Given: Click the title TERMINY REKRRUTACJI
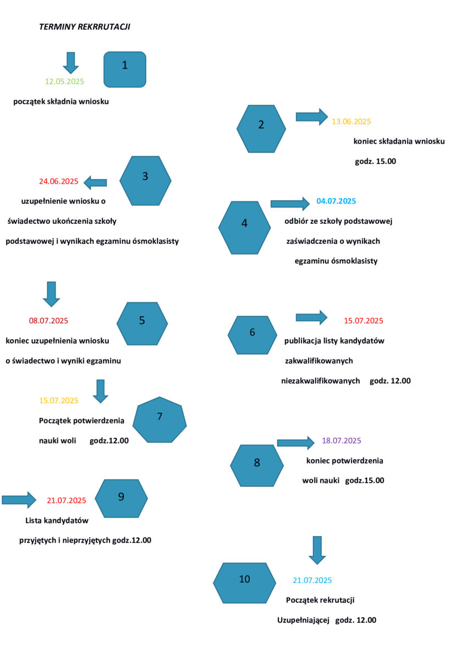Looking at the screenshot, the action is (85, 27).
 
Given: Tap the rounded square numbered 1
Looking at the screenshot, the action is (125, 69).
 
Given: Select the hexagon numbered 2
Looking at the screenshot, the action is (261, 129).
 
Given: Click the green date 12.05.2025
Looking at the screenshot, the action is (64, 81).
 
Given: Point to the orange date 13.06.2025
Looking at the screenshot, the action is (351, 122).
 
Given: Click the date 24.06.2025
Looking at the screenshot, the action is (59, 181).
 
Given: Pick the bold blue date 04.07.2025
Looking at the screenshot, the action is (336, 201).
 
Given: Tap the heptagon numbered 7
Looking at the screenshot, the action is (160, 420).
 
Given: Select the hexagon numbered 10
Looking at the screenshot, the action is (244, 583).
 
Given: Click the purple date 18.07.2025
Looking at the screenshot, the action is (341, 441).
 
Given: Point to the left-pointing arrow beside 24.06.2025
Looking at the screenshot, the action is (95, 183).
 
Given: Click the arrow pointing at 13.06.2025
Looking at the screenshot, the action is (312, 117).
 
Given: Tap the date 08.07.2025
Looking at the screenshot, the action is (48, 321).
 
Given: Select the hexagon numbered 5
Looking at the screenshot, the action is (142, 323).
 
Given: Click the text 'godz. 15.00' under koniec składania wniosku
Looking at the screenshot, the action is (375, 161).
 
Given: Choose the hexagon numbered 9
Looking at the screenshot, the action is (121, 498).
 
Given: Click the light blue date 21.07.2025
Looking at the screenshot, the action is (312, 580).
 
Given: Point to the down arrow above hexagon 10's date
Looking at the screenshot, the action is (317, 550).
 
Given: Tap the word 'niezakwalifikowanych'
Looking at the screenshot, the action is (320, 381).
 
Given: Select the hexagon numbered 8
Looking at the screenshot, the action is (257, 465).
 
